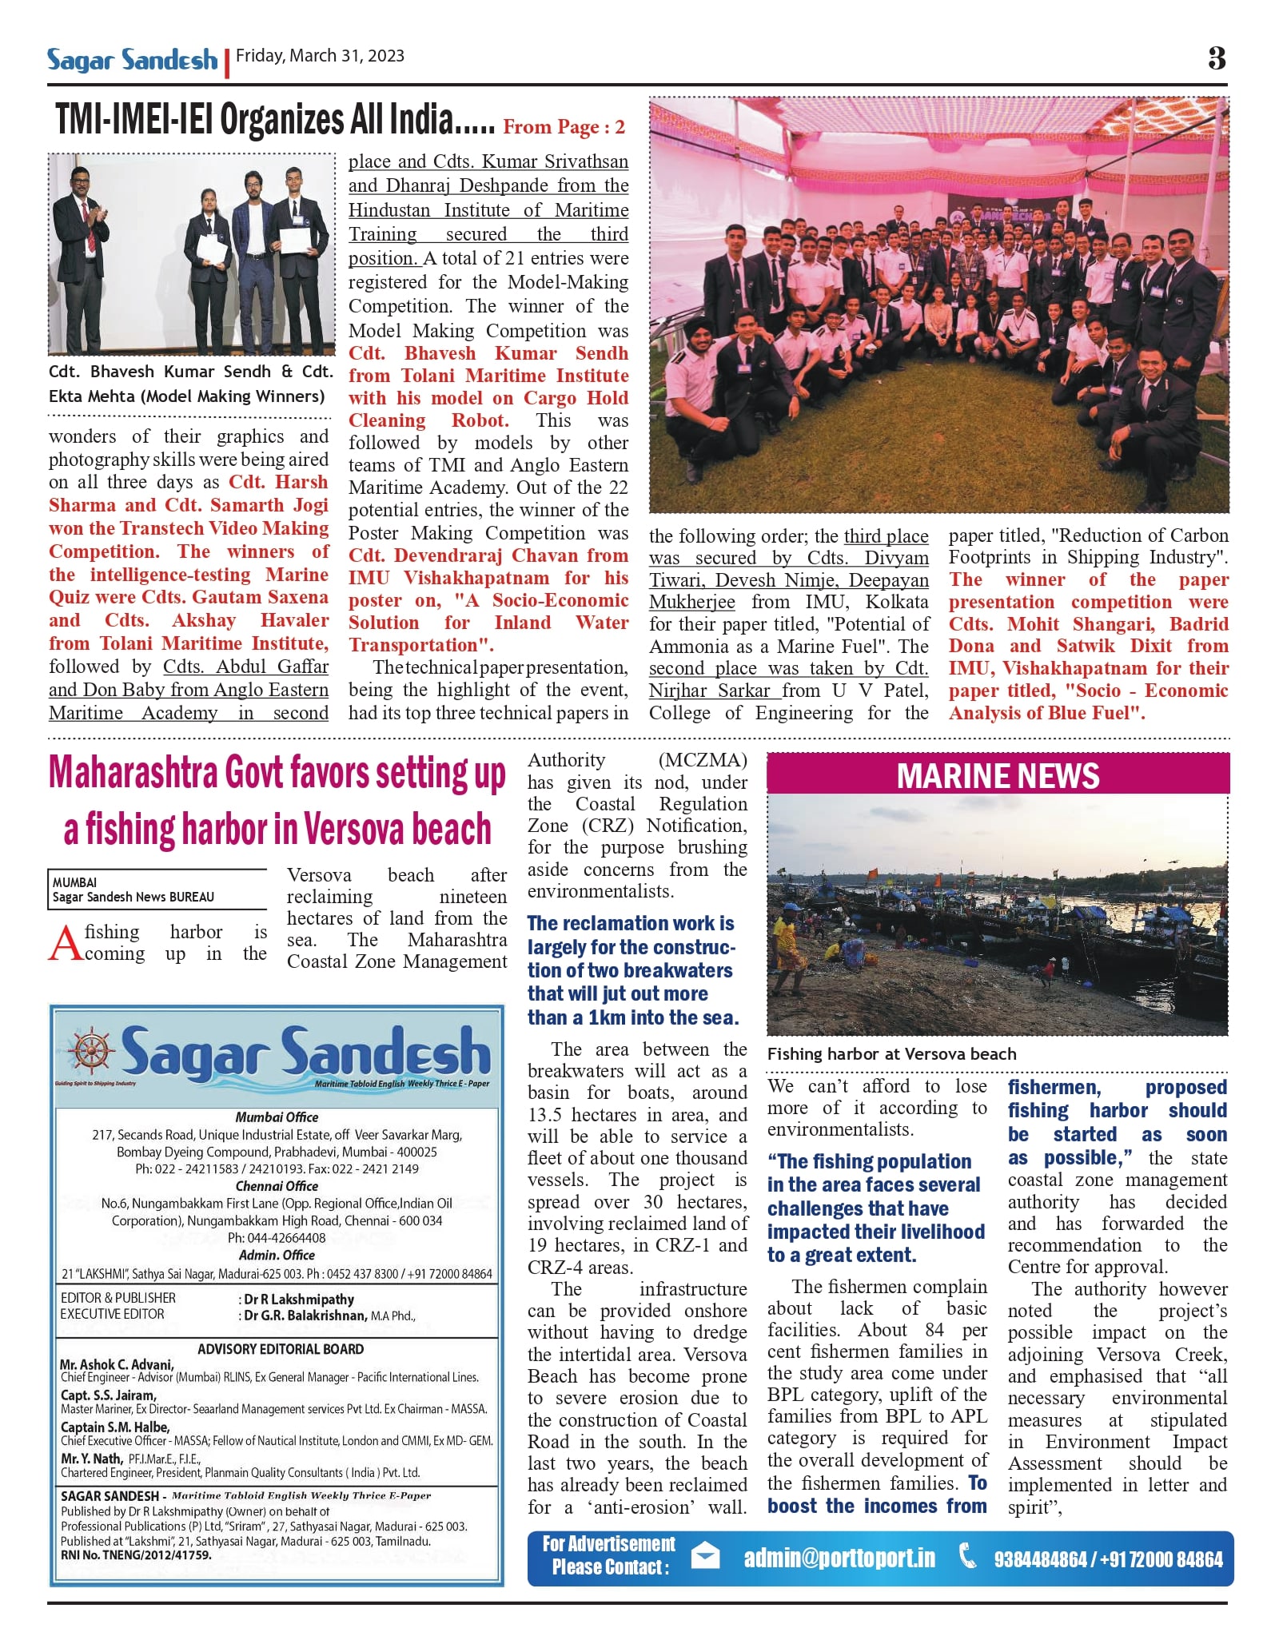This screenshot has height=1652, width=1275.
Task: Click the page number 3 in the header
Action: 1216,58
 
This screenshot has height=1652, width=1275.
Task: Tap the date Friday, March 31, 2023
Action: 320,56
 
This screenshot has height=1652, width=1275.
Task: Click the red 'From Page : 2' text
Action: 564,127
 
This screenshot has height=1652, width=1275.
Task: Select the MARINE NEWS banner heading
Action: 998,775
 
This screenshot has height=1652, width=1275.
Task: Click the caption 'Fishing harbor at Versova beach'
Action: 891,1054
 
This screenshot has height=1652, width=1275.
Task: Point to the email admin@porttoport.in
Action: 839,1558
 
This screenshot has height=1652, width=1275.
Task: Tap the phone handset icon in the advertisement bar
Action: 967,1556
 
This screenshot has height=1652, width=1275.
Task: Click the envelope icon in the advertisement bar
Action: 705,1557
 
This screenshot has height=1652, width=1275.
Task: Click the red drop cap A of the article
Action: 65,943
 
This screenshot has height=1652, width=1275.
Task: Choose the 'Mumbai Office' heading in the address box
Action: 277,1117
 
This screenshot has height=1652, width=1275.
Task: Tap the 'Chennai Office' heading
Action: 277,1186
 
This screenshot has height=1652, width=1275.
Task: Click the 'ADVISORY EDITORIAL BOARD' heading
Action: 281,1349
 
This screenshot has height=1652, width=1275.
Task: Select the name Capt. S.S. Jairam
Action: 98,1395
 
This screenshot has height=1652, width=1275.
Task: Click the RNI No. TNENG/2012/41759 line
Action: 136,1555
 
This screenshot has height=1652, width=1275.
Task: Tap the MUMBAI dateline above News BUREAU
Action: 74,882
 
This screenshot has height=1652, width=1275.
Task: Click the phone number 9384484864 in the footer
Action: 1040,1559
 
